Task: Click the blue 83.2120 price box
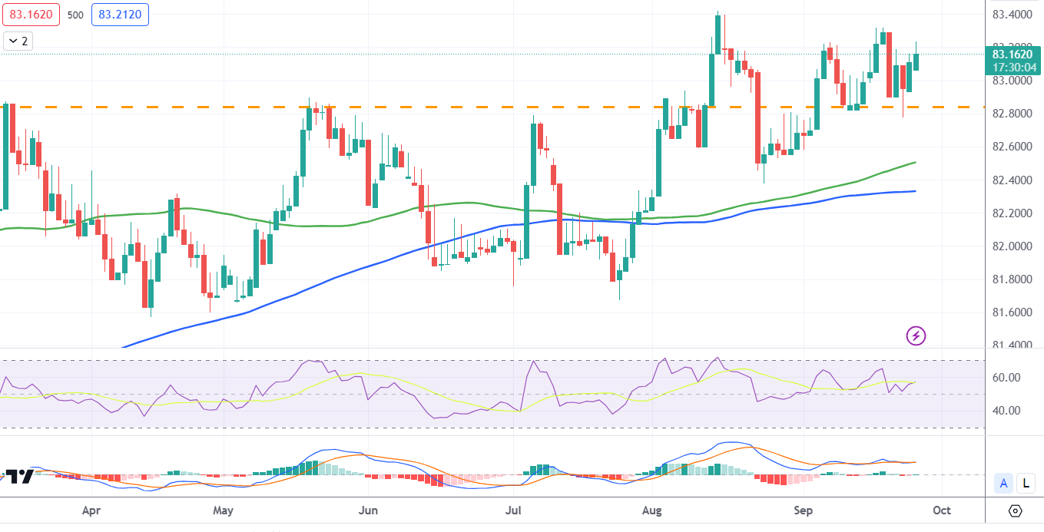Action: [x=121, y=15]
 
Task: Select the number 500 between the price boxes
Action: [x=75, y=15]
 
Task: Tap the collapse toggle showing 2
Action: [x=18, y=41]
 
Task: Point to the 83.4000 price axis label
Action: [x=1011, y=15]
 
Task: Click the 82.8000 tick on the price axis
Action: [x=1011, y=114]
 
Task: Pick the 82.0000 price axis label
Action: [x=1011, y=246]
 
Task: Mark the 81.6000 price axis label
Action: [x=1011, y=312]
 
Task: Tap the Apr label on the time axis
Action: [x=91, y=510]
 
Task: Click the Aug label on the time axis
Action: [x=652, y=510]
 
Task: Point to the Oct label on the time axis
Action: [x=943, y=510]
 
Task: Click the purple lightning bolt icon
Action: [x=916, y=335]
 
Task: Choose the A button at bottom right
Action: [x=1003, y=483]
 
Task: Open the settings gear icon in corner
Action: [x=1015, y=511]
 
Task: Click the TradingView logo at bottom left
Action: [x=18, y=476]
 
